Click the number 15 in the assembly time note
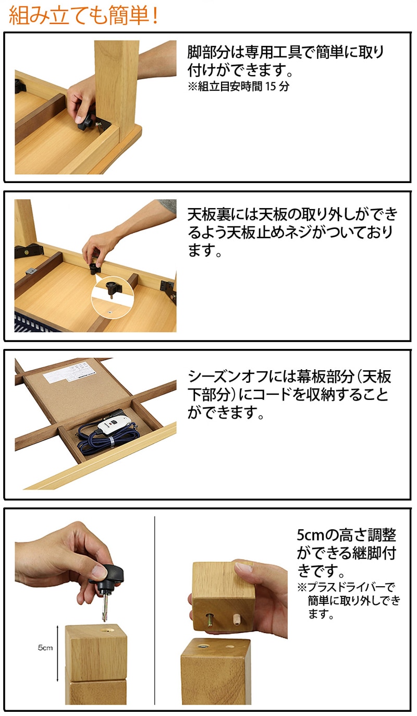[271, 86]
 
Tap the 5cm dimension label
[45, 648]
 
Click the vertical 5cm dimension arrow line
[57, 653]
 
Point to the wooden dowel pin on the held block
[237, 618]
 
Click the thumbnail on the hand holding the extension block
[242, 567]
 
